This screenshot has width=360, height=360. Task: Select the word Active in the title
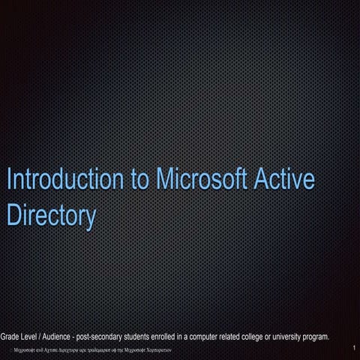[283, 181]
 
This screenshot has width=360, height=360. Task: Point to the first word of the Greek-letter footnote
[21, 350]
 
